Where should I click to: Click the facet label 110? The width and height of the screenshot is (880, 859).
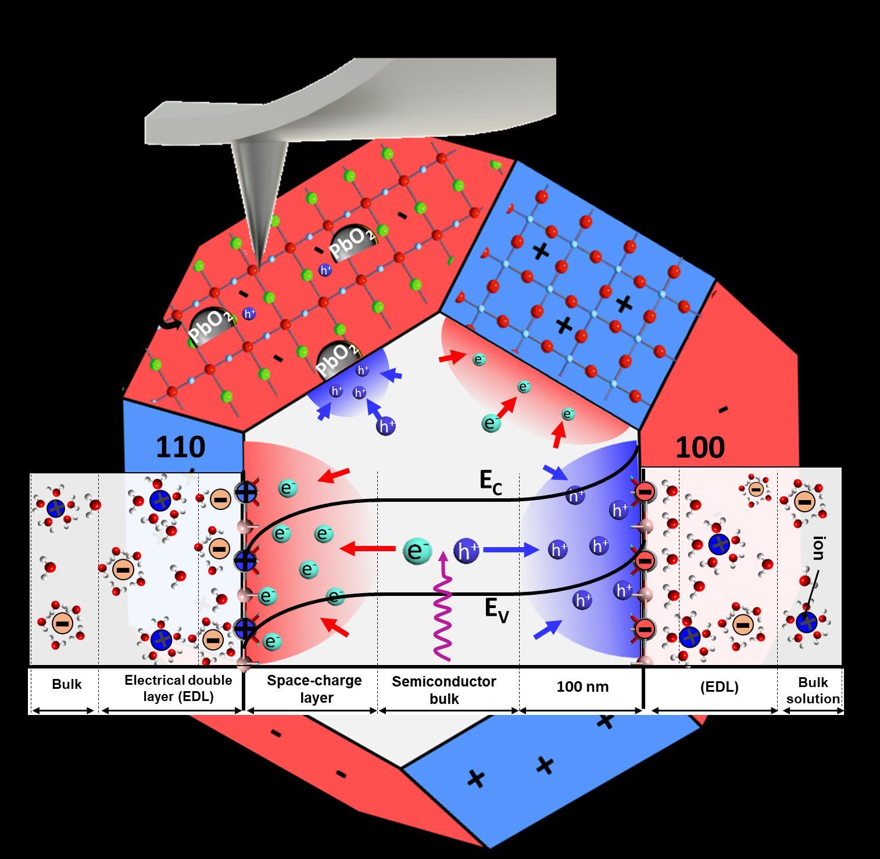(180, 447)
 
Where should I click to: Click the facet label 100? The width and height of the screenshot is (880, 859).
(700, 447)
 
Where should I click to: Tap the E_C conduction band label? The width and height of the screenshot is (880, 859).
(491, 483)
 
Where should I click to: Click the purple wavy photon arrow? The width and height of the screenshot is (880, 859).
(443, 610)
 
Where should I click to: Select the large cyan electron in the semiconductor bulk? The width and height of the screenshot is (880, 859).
(417, 551)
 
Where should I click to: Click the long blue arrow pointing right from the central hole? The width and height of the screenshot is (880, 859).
(511, 549)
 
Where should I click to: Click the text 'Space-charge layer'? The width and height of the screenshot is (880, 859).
(314, 688)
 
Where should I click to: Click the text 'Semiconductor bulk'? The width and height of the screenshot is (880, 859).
(443, 689)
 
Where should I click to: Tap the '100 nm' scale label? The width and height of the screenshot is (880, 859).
(582, 687)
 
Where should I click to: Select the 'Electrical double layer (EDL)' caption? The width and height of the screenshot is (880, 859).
(178, 688)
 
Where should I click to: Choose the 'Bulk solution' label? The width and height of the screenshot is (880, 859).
(813, 690)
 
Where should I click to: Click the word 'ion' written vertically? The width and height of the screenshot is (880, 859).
(818, 548)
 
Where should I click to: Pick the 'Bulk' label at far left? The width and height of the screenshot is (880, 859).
(67, 684)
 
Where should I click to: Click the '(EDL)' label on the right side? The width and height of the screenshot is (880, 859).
(720, 687)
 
